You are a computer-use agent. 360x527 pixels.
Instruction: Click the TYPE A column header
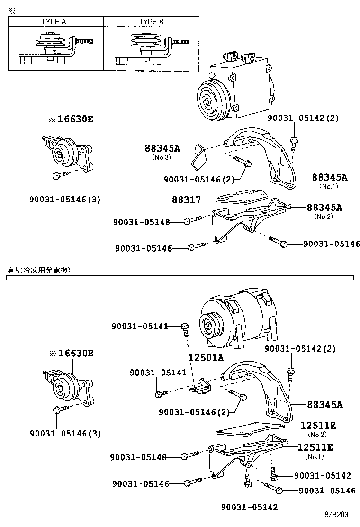(55, 22)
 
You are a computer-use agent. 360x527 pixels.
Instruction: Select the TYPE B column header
(151, 22)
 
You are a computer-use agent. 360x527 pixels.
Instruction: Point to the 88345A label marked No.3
(162, 148)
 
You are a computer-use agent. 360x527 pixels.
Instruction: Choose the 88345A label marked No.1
(329, 177)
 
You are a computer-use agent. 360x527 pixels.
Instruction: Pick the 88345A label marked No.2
(324, 207)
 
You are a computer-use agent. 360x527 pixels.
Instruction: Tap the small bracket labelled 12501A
(202, 386)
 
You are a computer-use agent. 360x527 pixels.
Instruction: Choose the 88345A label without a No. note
(324, 405)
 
